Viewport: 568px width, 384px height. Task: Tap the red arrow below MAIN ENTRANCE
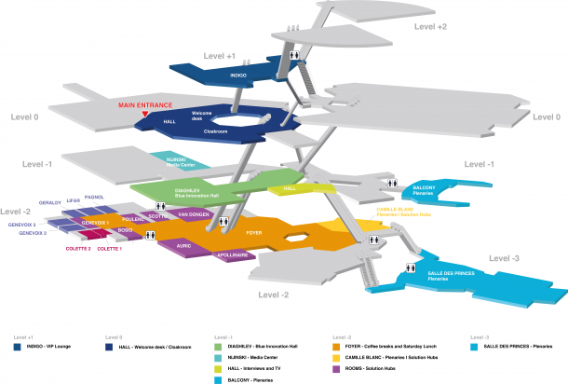coord(145,114)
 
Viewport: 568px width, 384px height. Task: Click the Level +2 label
coord(431,27)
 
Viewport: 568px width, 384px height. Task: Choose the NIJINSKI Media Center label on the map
coord(179,160)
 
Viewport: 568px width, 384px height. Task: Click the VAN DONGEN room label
coord(196,215)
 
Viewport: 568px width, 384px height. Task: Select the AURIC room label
coord(183,245)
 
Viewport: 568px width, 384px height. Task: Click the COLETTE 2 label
coord(78,250)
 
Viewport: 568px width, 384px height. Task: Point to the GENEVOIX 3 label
coord(22,225)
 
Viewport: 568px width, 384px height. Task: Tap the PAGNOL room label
coord(94,198)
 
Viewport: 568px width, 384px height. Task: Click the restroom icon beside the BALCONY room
coord(394,183)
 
